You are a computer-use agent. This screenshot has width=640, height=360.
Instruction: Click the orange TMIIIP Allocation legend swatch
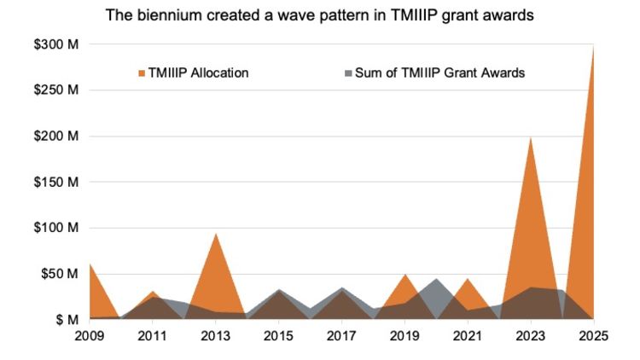point(143,73)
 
